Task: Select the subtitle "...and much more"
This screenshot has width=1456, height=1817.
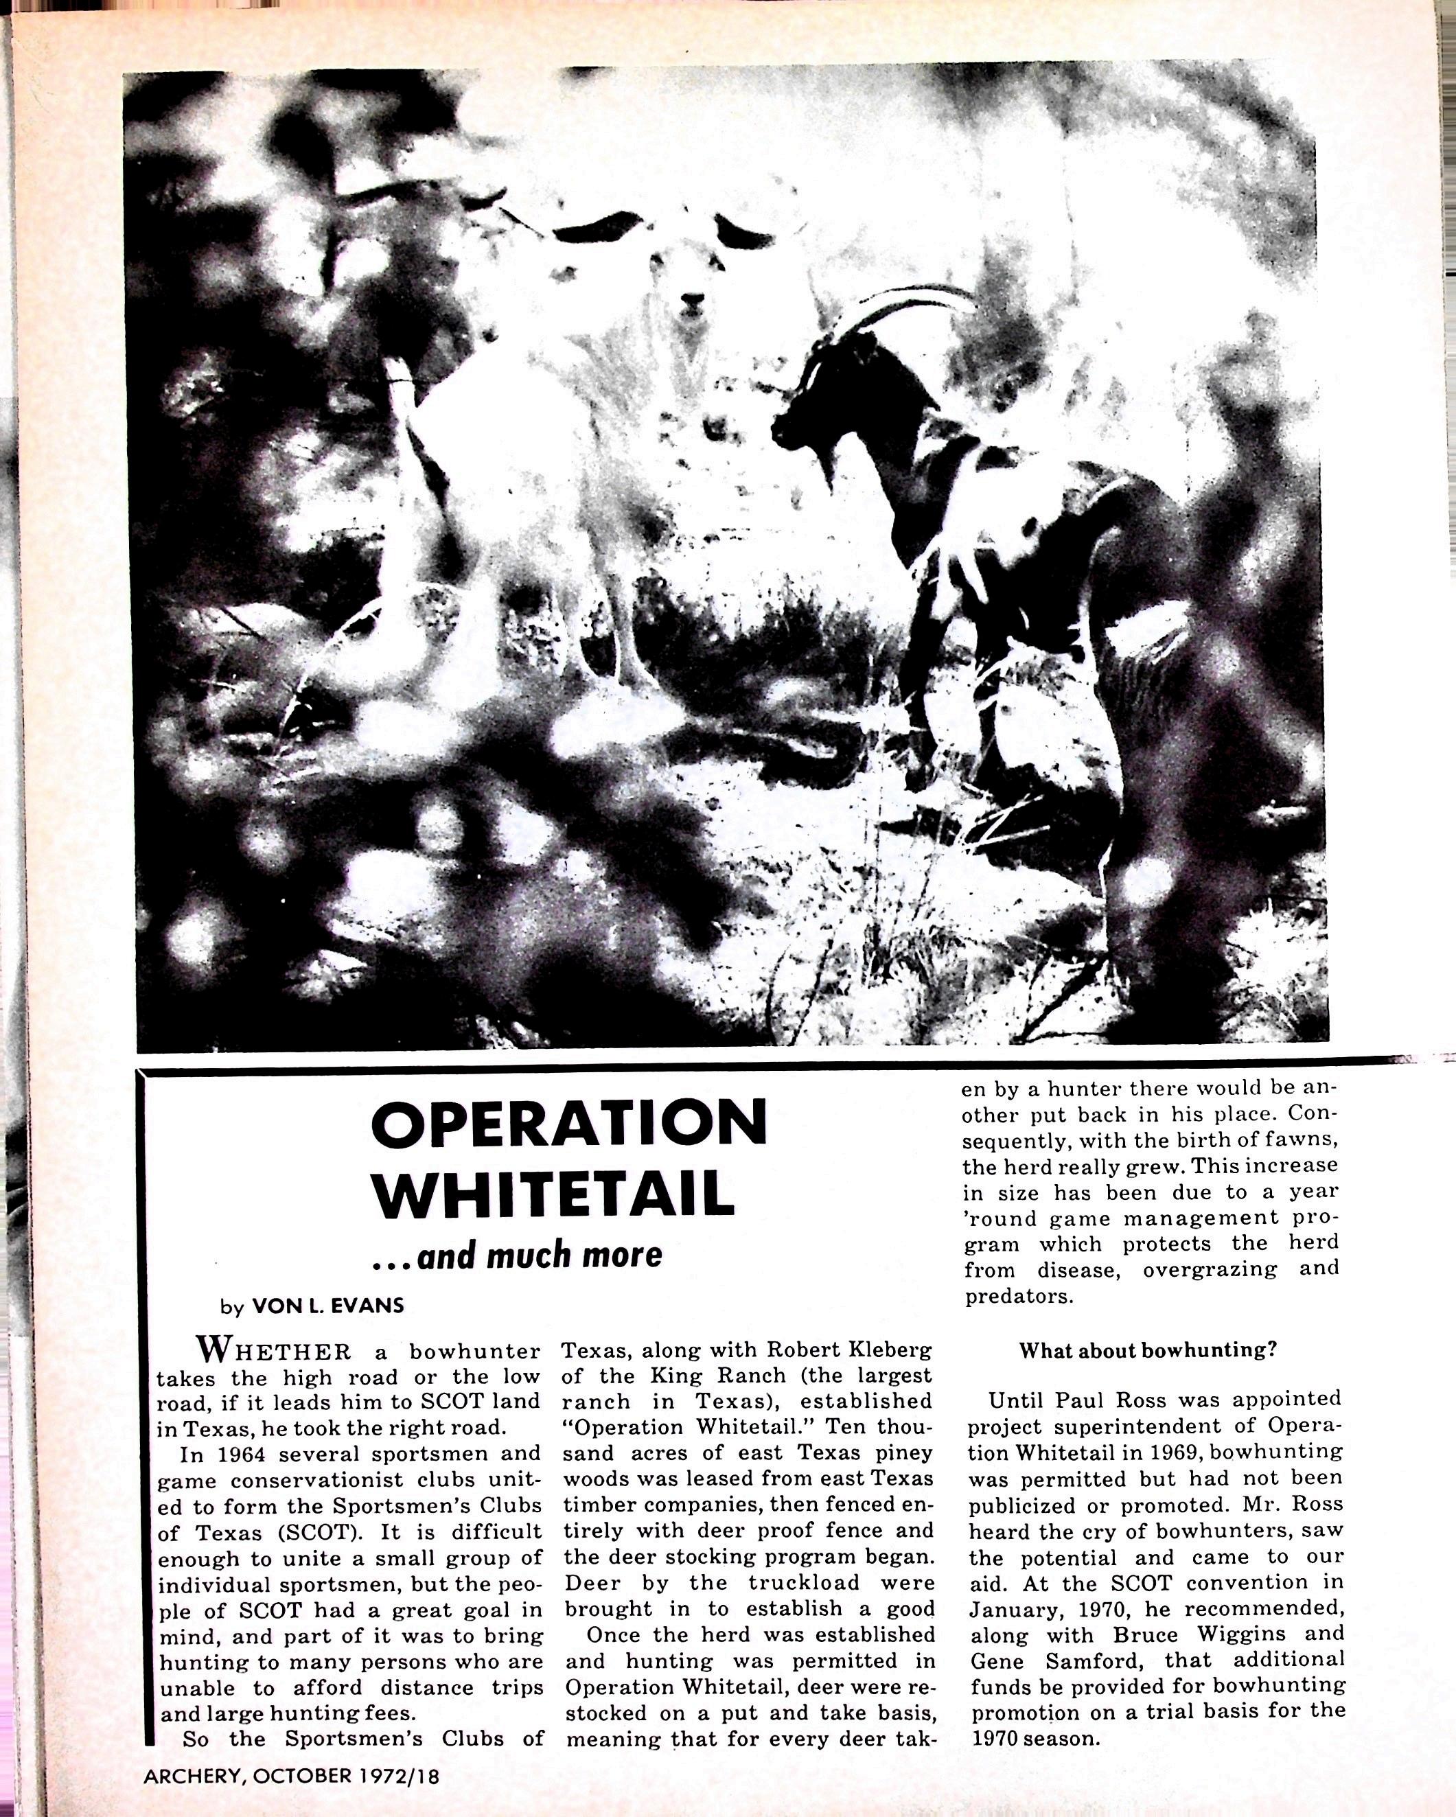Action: tap(518, 1255)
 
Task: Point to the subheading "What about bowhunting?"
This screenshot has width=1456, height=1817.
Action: tap(1148, 1350)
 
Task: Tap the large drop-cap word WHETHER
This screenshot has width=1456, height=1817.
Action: tap(273, 1351)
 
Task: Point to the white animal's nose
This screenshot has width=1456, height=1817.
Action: tap(692, 300)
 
